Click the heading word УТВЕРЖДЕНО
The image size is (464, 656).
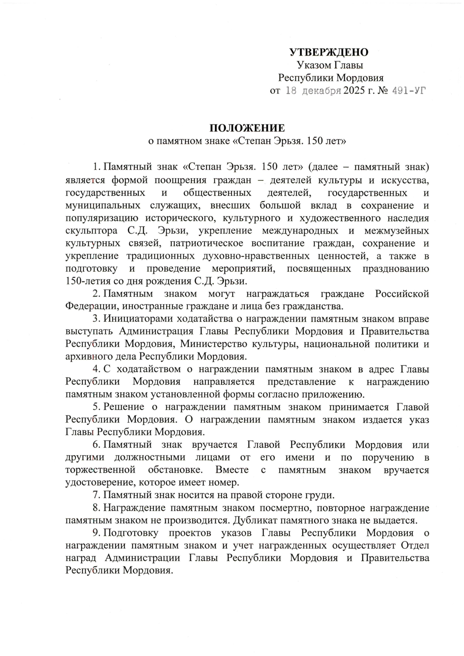(x=329, y=52)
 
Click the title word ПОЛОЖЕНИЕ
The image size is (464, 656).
(x=247, y=128)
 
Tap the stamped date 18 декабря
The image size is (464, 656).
(x=313, y=91)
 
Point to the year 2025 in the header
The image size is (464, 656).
(x=354, y=91)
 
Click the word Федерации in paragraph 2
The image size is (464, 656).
(x=88, y=307)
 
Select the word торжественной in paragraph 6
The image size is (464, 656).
(x=100, y=470)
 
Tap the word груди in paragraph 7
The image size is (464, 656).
(x=323, y=495)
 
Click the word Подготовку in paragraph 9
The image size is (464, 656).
(x=131, y=533)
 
